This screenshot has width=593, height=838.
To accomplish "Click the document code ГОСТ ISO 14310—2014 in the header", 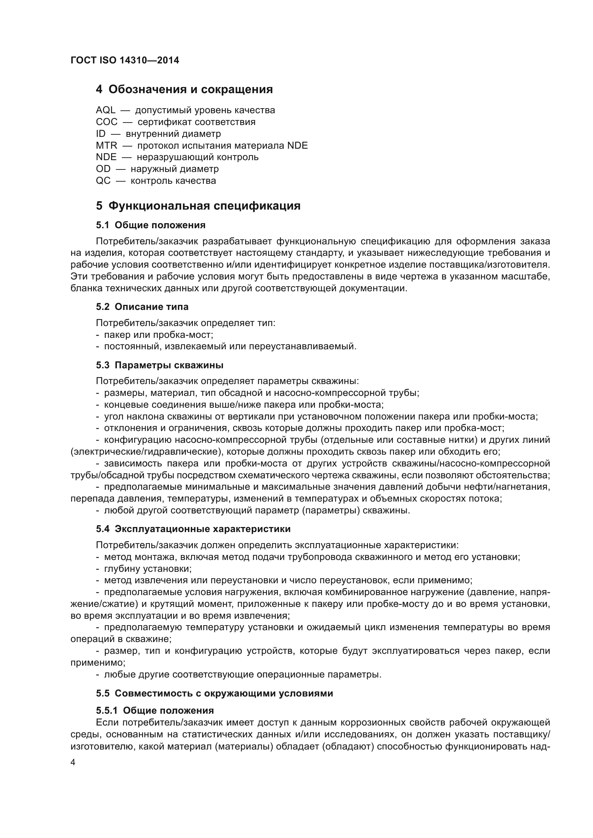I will [124, 61].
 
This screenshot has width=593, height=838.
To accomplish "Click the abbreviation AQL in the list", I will [105, 110].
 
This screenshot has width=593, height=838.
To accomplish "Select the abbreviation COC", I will [106, 122].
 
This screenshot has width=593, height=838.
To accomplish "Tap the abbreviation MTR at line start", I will [106, 145].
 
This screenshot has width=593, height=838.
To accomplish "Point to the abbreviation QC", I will [103, 181].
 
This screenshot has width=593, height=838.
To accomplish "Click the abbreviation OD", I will [103, 169].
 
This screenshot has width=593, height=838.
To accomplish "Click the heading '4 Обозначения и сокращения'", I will [184, 90].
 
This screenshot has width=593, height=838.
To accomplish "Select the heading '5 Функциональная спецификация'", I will [198, 206].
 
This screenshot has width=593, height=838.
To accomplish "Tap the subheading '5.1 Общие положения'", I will [151, 225].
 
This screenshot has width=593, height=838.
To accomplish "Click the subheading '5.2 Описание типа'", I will [142, 307].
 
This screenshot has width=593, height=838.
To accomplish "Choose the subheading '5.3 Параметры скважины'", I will [160, 365].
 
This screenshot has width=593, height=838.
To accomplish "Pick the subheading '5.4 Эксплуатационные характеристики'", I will [193, 529].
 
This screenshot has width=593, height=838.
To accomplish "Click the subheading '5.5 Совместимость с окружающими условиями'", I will [214, 693].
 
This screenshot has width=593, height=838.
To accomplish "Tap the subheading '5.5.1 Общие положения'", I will [155, 710].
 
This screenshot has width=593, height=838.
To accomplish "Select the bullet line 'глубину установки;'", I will [147, 569].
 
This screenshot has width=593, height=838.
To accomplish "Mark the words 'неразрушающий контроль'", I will [198, 157].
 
